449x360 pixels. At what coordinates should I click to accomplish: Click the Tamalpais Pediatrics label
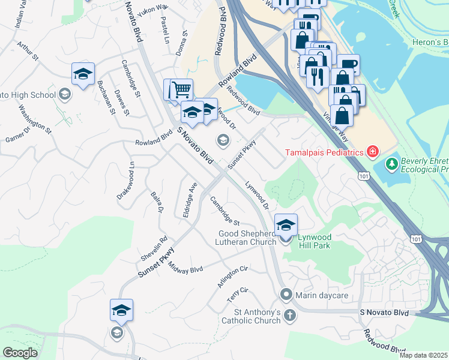coord(324,152)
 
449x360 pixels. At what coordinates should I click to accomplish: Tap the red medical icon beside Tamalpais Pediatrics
coord(373,151)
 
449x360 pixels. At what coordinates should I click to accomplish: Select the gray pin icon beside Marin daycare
coord(286,295)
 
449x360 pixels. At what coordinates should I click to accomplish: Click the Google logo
coord(20,353)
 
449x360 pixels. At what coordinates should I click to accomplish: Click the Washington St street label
coord(35,117)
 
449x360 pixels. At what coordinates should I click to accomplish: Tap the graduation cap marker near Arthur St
coord(83,74)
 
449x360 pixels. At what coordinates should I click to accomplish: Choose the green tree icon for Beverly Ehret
coord(392,163)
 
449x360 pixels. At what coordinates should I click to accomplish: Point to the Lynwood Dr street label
coord(256,196)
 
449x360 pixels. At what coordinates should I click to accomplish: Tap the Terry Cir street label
coord(237,293)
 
